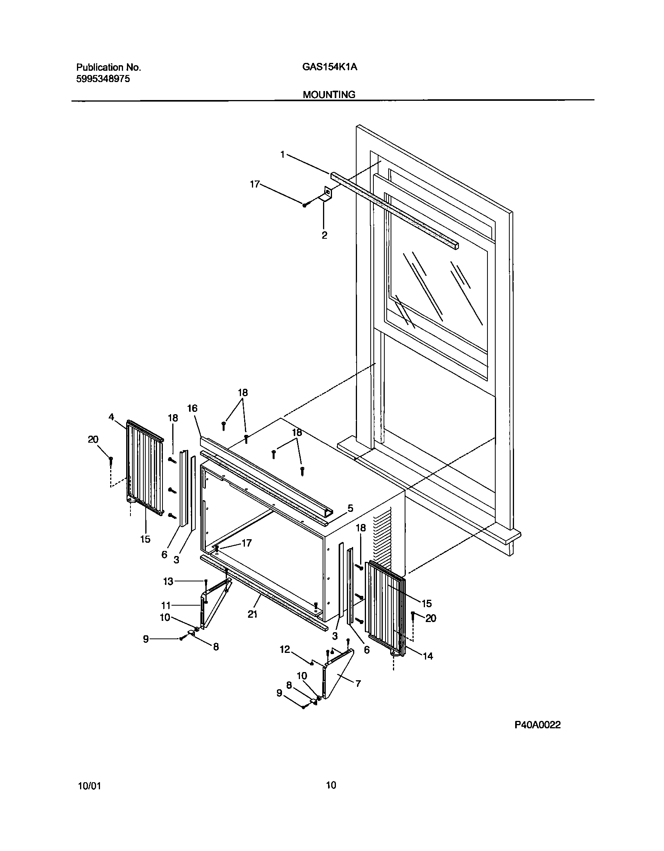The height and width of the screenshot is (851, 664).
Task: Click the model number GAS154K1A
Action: click(x=329, y=67)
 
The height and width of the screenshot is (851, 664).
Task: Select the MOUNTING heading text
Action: click(x=329, y=95)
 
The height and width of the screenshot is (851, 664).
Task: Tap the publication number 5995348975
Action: click(x=103, y=79)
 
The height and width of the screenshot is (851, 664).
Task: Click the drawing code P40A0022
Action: click(x=537, y=725)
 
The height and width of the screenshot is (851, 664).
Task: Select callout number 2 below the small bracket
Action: click(x=324, y=236)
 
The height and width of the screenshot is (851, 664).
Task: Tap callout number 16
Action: click(x=192, y=408)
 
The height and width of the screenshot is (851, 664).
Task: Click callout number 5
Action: click(x=350, y=508)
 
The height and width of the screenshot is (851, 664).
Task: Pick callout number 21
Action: click(x=253, y=614)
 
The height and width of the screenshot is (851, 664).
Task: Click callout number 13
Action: click(x=168, y=581)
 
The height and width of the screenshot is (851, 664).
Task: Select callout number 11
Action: click(x=166, y=606)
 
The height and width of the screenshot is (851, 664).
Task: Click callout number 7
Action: click(x=358, y=683)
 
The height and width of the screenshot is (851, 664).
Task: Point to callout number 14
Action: click(x=428, y=656)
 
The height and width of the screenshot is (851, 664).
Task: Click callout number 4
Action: click(x=111, y=417)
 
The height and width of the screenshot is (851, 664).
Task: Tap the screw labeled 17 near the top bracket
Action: click(x=305, y=204)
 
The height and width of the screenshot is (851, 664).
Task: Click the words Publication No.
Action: click(x=108, y=67)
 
